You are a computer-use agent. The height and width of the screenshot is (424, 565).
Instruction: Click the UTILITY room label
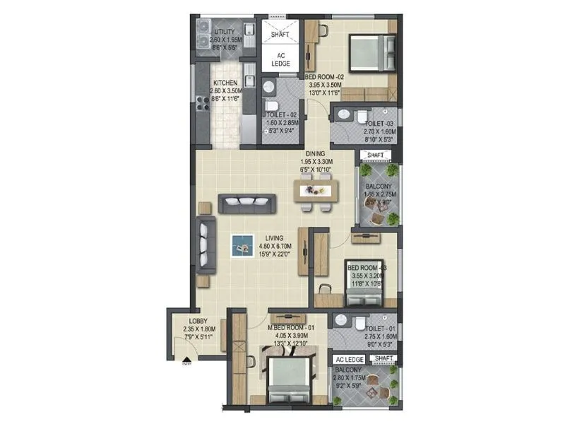coord(225,32)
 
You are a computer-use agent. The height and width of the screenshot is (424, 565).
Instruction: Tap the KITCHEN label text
coord(227,83)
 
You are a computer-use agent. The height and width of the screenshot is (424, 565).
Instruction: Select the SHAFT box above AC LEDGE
coord(280,34)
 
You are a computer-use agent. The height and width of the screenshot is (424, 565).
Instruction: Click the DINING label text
coord(315,153)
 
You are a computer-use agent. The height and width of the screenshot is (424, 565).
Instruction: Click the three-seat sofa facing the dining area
coord(244,204)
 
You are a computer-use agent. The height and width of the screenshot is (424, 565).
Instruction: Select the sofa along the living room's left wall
coord(206,245)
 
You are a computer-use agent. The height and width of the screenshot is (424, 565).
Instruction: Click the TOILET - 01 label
coord(382,329)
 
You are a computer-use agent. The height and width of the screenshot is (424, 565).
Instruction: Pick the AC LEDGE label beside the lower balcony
coord(349,360)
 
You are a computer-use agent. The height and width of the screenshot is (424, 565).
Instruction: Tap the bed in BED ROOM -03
coord(362,281)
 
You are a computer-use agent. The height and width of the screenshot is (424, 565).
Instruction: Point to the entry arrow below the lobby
coord(186,363)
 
